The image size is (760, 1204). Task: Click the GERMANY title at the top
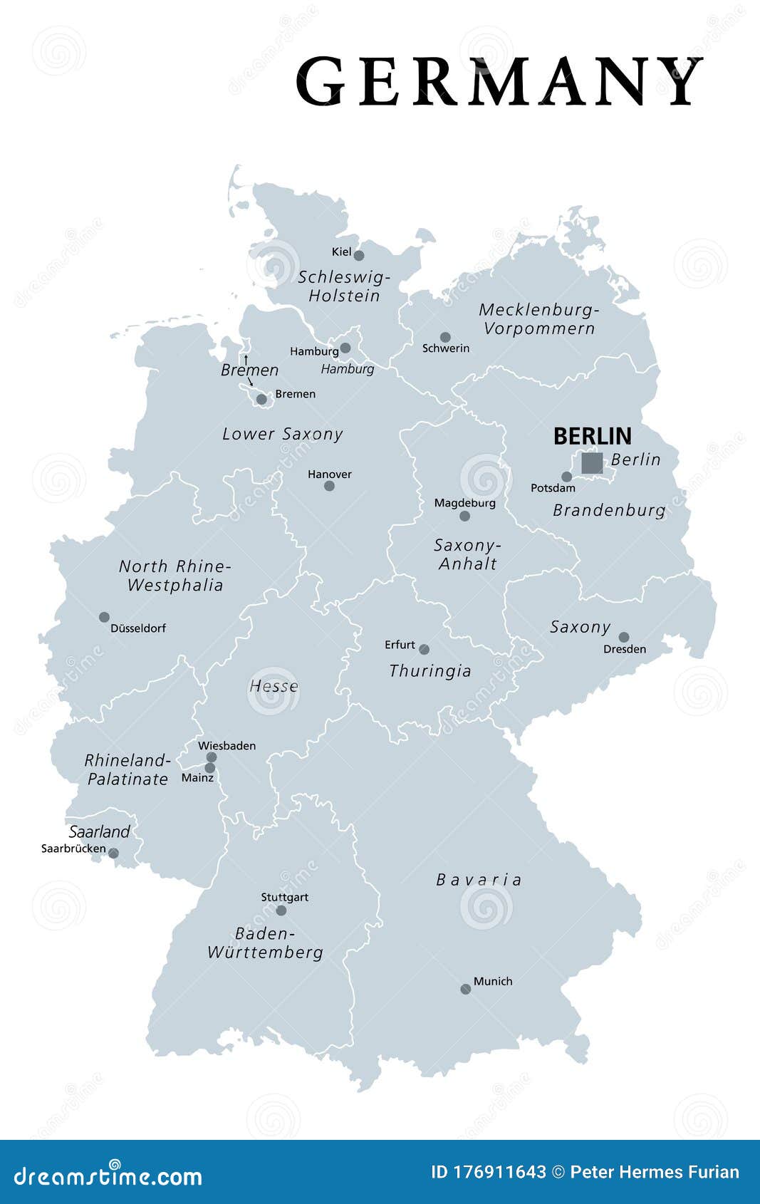[x=499, y=81]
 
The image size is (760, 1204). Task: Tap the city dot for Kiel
[x=359, y=256]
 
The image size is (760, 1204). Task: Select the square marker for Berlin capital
[x=592, y=463]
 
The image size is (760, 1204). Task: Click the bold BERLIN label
[x=592, y=436]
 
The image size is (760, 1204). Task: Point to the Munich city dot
[x=465, y=989]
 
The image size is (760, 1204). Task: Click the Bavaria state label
[x=479, y=880]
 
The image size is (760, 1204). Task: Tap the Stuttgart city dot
[x=281, y=910]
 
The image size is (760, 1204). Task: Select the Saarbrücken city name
[x=73, y=848]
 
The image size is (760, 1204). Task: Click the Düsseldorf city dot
[x=104, y=617]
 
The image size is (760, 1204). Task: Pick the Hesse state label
[x=274, y=686]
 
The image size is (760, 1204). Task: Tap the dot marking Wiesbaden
[x=212, y=757]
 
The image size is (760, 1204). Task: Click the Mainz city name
[x=197, y=778]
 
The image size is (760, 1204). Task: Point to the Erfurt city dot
[x=424, y=649]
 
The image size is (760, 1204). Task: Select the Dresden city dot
[x=624, y=637]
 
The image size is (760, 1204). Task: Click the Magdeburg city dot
[x=464, y=516]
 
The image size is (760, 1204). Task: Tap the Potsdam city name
[x=553, y=488]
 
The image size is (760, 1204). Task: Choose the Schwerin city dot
[x=445, y=337]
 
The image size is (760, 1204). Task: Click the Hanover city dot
[x=329, y=486]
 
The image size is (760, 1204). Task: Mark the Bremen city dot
[x=261, y=399]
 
